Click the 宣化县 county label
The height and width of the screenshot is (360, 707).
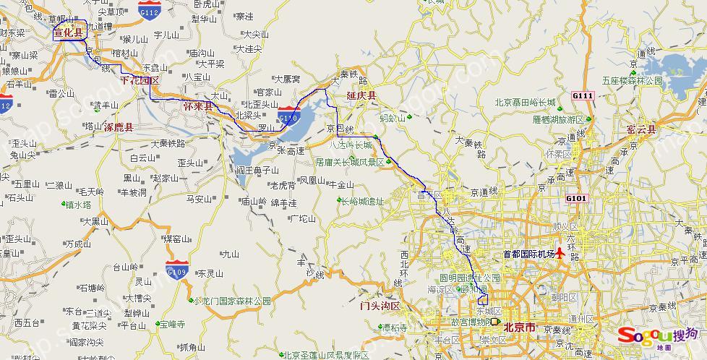[69, 32]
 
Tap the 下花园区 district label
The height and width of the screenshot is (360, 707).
[139, 80]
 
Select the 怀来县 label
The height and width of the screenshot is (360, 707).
[198, 106]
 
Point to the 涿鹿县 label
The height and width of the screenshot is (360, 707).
[119, 127]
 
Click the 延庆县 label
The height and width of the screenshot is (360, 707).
[361, 95]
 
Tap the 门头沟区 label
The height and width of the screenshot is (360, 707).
[380, 307]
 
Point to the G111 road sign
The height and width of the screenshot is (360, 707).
[581, 96]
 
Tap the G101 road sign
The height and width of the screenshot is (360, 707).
[578, 198]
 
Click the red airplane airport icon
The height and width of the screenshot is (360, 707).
[560, 254]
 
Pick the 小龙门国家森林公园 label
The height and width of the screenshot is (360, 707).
[231, 301]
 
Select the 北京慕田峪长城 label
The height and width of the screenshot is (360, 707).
[525, 103]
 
